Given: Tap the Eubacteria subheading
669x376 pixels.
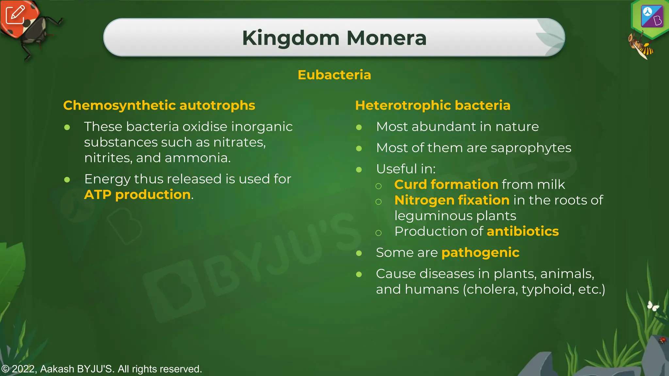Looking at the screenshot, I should click(x=334, y=75).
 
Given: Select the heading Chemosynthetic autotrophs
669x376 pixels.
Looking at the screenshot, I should click(x=159, y=105).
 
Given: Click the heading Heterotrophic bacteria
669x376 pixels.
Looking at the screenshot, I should click(x=432, y=105).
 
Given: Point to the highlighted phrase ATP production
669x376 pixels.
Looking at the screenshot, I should click(x=137, y=195).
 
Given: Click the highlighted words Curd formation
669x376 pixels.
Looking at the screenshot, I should click(x=446, y=185).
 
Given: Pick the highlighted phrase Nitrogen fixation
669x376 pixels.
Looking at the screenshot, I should click(x=452, y=200).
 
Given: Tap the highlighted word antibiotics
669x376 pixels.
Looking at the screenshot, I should click(x=523, y=231).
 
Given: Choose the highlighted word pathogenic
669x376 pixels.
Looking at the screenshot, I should click(x=480, y=253).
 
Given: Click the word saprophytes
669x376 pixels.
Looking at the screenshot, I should click(x=531, y=148).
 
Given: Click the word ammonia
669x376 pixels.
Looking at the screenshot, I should click(x=197, y=158).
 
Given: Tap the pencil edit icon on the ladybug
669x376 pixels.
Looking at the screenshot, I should click(x=15, y=14).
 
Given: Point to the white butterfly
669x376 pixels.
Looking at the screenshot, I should click(x=653, y=306).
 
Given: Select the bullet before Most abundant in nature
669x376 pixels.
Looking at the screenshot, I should click(x=359, y=127).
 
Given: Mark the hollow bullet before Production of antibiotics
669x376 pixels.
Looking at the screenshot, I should click(x=379, y=233).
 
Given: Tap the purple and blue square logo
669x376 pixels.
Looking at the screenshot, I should click(x=652, y=16).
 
